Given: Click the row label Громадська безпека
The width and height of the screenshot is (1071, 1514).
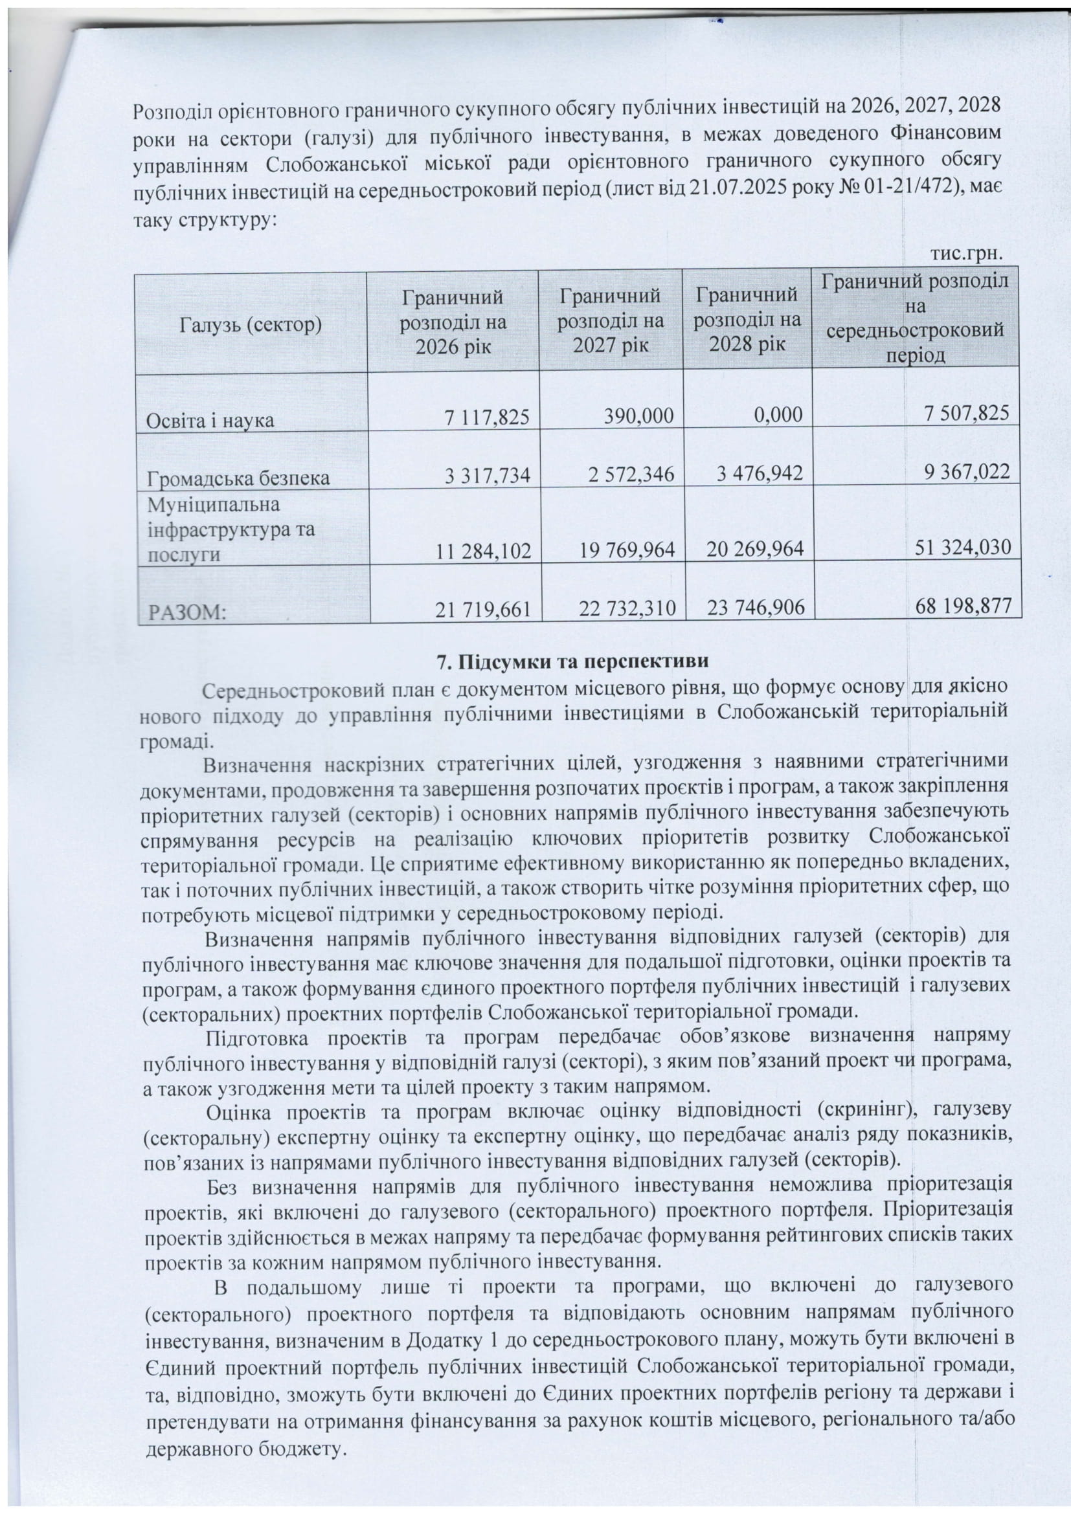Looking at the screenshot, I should click(x=236, y=476).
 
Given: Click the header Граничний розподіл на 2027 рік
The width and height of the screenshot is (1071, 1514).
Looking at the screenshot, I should click(x=610, y=321).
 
